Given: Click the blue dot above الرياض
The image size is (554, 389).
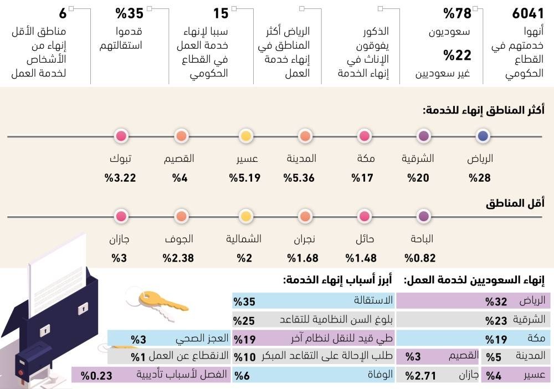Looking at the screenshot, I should point(483,136).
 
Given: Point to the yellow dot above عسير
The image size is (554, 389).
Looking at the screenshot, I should point(246,136).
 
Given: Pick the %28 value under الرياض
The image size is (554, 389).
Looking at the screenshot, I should point(480,178).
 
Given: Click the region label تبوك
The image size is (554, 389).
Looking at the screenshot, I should point(121,159).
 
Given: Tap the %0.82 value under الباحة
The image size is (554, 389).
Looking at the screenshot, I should point(420,258).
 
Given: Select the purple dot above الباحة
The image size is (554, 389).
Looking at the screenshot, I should point(424,216).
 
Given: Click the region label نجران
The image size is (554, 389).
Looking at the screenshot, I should point(304,239).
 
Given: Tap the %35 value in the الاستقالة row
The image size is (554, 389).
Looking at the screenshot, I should point(244,301).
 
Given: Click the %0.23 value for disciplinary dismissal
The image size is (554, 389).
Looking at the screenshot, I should point(96,375).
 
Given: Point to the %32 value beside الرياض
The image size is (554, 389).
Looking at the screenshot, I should point(496,301).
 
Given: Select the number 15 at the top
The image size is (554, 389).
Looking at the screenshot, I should point(220,13).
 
